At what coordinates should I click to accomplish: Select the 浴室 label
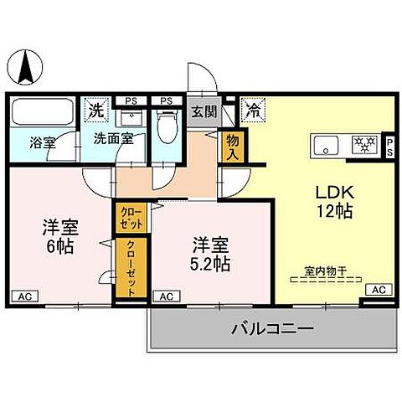(x=44, y=142)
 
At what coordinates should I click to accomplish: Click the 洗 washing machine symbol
(x=98, y=109)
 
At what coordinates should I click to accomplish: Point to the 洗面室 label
(x=113, y=139)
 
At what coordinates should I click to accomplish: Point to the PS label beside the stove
(x=389, y=146)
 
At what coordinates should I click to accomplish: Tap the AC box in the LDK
(x=379, y=289)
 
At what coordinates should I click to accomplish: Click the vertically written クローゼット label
(x=131, y=267)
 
